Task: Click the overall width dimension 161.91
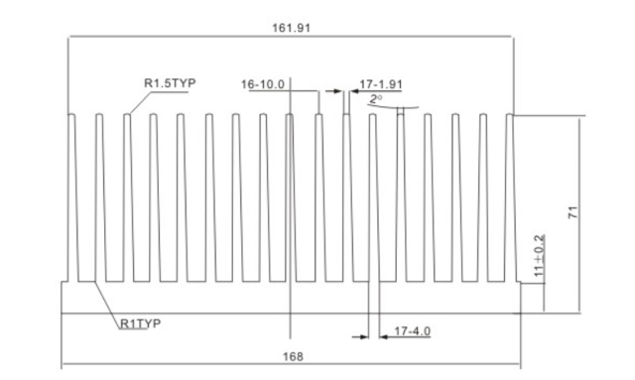click(x=292, y=28)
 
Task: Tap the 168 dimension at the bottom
click(x=293, y=356)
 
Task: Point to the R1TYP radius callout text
click(x=141, y=323)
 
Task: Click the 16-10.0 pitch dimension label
click(x=263, y=84)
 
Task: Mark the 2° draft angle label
click(x=375, y=99)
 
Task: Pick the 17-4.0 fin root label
click(x=412, y=330)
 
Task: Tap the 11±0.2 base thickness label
click(x=539, y=256)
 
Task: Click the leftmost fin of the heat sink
click(x=72, y=198)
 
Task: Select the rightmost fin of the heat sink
click(x=511, y=198)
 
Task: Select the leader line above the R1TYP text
click(x=103, y=298)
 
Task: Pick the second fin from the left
click(x=100, y=198)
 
